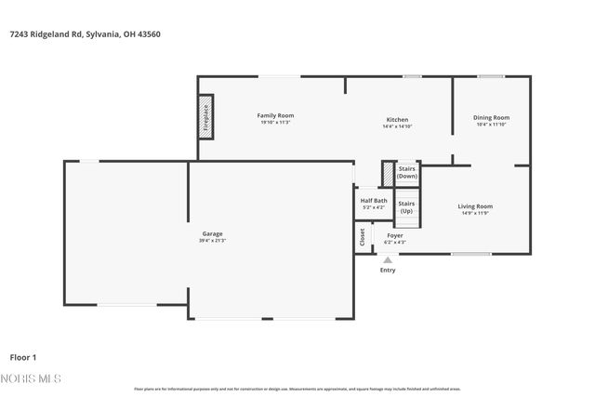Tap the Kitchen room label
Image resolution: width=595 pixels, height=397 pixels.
397,119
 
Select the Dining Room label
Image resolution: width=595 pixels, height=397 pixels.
491,117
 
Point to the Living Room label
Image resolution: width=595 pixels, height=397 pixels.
475,206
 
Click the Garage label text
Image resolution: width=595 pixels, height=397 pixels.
211,233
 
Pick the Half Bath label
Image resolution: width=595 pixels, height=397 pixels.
374,200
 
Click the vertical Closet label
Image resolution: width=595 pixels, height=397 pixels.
363,237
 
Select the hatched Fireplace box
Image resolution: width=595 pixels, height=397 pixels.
205,117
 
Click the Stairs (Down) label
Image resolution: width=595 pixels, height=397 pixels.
407,173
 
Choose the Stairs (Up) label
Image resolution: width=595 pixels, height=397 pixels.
406,207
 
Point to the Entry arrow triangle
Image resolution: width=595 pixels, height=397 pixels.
388,259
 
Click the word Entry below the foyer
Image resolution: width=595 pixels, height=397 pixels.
388,271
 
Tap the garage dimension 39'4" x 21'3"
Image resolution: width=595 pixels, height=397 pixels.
211,240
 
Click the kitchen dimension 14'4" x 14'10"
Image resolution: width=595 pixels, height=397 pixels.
397,126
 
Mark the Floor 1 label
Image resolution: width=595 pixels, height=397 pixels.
22,356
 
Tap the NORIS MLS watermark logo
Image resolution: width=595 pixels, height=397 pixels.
30,378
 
